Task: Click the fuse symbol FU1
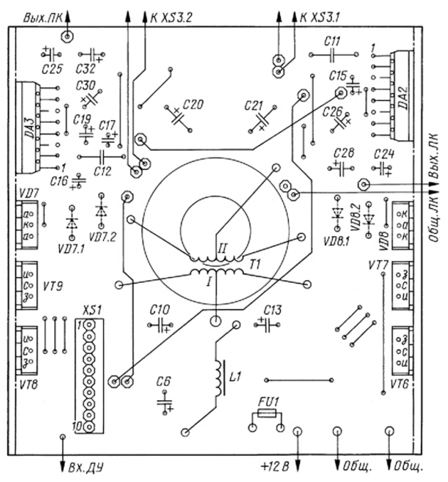[266, 413]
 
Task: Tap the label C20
[193, 105]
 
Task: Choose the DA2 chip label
[403, 94]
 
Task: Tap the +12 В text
[275, 468]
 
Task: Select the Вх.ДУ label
[85, 467]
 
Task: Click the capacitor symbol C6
[165, 404]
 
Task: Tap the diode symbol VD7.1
[71, 221]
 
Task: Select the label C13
[272, 311]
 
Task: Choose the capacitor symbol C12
[103, 156]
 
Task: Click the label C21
[254, 105]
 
